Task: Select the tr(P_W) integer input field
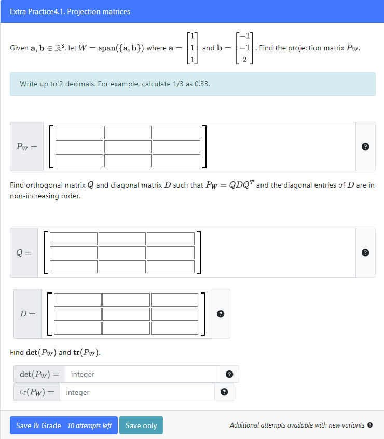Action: point(138,392)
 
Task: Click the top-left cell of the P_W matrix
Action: point(79,132)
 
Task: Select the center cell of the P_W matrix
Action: point(128,147)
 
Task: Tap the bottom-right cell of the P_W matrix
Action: point(176,161)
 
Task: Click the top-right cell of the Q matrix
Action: point(171,238)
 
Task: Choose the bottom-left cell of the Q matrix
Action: point(74,267)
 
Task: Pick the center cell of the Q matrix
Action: point(122,252)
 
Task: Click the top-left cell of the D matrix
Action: point(78,300)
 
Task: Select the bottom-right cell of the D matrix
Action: point(175,328)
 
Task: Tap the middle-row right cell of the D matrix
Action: point(175,314)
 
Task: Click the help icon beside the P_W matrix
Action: point(365,147)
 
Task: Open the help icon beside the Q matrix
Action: point(365,253)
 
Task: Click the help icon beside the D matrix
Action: point(221,314)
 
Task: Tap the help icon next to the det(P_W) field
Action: point(229,374)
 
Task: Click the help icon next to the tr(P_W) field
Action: point(224,392)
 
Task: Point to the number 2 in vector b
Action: point(244,59)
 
